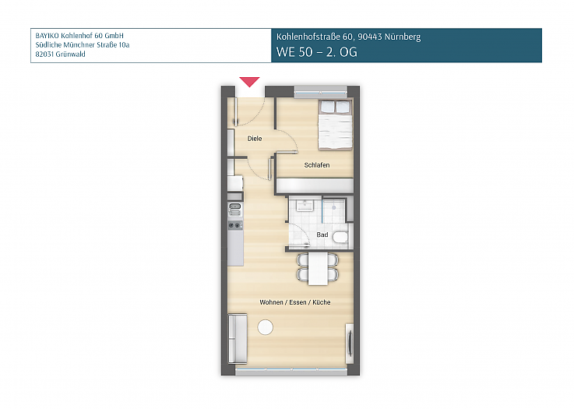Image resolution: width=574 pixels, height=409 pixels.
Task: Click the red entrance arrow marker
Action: pyautogui.click(x=249, y=81)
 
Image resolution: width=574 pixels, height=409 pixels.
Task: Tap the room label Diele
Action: pyautogui.click(x=254, y=139)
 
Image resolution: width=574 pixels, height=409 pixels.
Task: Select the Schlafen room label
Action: pyautogui.click(x=316, y=165)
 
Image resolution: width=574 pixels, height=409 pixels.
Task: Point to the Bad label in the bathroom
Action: pyautogui.click(x=322, y=234)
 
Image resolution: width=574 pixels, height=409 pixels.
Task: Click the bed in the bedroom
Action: pyautogui.click(x=336, y=124)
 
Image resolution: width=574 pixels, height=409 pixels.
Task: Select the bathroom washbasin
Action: pyautogui.click(x=305, y=206)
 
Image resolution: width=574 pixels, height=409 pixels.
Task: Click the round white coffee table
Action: pyautogui.click(x=266, y=327)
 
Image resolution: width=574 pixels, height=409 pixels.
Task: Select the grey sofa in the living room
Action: pyautogui.click(x=237, y=338)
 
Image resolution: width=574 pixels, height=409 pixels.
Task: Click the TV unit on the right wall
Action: pyautogui.click(x=350, y=341)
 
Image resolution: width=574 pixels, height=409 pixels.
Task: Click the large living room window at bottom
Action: pyautogui.click(x=291, y=372)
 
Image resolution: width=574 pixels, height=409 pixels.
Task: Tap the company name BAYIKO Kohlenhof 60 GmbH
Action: pyautogui.click(x=80, y=36)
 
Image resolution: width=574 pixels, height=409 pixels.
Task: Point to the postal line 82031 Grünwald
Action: pyautogui.click(x=61, y=55)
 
